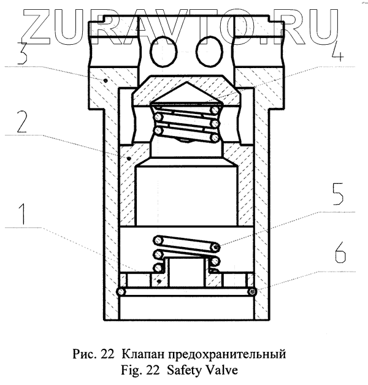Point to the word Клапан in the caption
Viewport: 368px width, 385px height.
[x=142, y=354]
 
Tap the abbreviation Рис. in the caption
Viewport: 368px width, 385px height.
[x=85, y=354]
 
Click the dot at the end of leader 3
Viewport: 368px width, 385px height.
[x=108, y=80]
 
